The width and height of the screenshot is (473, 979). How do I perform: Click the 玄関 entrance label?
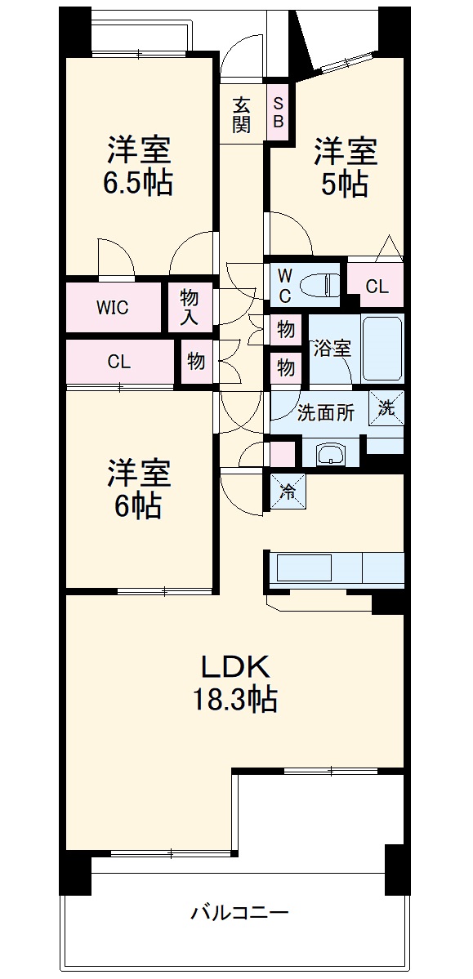click(241, 114)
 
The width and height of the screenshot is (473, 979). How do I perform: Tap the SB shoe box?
click(278, 113)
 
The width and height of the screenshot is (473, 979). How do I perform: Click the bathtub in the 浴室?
click(382, 348)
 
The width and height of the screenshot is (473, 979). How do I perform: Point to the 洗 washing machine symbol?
click(387, 408)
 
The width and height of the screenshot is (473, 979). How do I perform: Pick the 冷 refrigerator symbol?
click(287, 492)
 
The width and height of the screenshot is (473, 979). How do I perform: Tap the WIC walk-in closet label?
click(113, 308)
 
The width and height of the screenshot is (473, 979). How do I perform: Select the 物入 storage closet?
click(190, 307)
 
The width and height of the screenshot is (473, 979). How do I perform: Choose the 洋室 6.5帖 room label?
click(137, 167)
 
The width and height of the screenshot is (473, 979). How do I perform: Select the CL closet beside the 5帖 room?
click(377, 287)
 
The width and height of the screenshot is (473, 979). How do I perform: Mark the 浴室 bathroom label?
click(332, 347)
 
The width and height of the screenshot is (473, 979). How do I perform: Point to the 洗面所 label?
click(325, 412)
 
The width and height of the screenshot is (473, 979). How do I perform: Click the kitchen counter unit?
click(335, 567)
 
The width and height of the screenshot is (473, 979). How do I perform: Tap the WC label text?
click(284, 284)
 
